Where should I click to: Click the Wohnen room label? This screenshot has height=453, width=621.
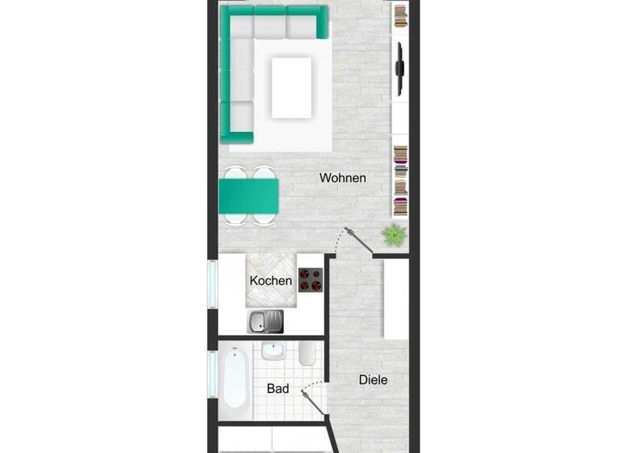click(343, 178)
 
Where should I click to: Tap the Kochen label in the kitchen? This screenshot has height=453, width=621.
click(271, 282)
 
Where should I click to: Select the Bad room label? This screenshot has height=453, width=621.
click(277, 389)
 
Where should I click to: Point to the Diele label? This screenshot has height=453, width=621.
click(373, 379)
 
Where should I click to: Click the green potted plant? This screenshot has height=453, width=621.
click(394, 235)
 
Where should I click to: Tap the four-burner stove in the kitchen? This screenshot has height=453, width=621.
click(310, 280)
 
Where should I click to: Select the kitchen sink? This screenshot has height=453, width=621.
click(265, 322)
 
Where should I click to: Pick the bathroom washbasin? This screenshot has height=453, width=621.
click(272, 353)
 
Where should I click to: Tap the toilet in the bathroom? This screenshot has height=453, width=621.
click(306, 354)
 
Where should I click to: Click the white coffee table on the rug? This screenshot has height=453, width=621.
click(292, 86)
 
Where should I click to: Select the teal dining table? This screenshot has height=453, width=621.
click(248, 195)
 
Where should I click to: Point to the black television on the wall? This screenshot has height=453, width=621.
click(399, 68)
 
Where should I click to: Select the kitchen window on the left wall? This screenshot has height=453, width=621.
click(213, 284)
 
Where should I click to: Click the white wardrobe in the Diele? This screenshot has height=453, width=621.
click(396, 299)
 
